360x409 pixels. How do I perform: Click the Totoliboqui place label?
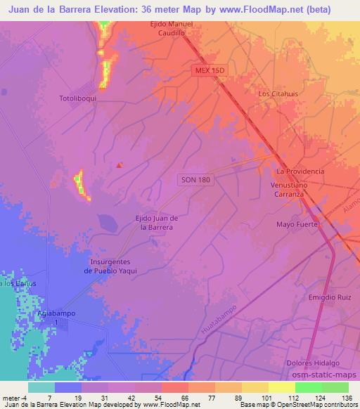pos(77,99)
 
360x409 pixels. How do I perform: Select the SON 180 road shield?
pos(193,181)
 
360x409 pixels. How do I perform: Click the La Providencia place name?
pos(300,171)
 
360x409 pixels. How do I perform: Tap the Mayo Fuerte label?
pos(297,225)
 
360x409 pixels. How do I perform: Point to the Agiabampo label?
pos(58,314)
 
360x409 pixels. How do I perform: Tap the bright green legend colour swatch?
pos(308,387)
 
